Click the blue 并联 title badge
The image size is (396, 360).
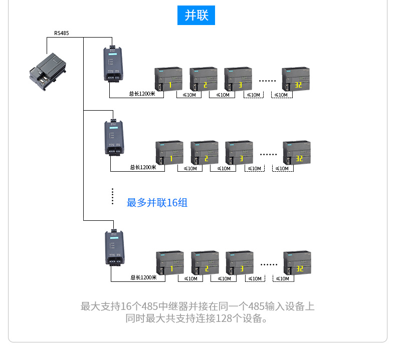click(196, 15)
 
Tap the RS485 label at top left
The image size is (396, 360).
click(62, 33)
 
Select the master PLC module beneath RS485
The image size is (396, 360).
click(49, 71)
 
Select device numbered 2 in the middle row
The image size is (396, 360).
click(205, 153)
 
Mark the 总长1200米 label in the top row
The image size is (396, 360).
click(142, 94)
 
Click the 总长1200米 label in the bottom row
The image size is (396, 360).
click(144, 277)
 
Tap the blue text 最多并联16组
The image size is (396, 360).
click(157, 203)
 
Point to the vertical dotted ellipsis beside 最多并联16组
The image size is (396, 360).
click(113, 197)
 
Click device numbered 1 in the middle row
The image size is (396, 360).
click(169, 153)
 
